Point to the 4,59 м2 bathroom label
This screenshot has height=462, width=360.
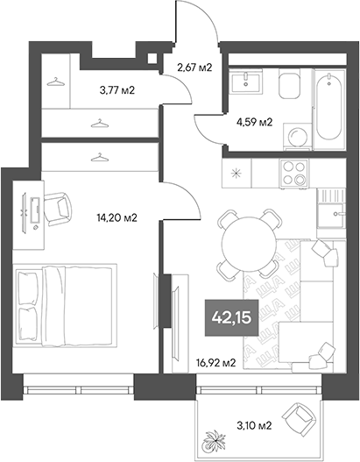[x=255, y=122]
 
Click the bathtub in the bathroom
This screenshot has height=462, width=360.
[x=329, y=108]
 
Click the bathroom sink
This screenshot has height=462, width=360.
[x=247, y=84]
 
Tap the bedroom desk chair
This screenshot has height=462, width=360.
[x=59, y=207]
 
